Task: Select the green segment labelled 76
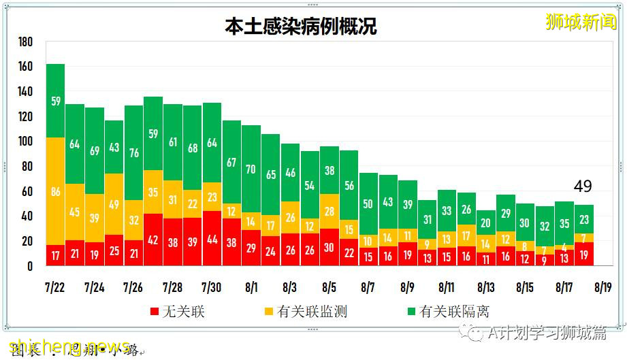134,152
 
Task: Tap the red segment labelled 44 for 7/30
212,239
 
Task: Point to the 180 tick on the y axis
25,42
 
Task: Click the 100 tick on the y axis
25,142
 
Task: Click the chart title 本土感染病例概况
301,26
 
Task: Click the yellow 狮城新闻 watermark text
580,22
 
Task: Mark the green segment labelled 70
251,169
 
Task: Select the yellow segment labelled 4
564,247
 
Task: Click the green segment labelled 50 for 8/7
368,204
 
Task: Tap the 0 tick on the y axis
29,267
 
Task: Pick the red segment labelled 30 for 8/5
329,248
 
